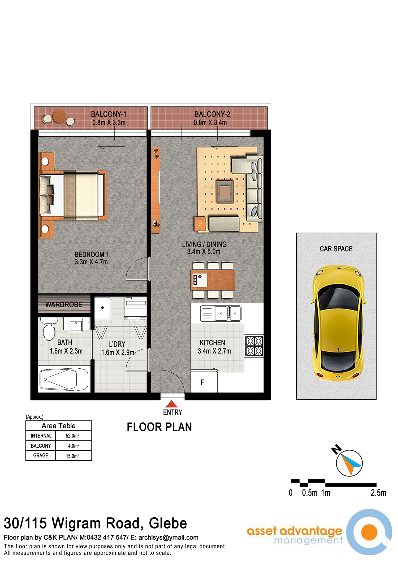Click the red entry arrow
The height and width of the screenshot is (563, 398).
172,404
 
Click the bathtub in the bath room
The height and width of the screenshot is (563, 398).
64,379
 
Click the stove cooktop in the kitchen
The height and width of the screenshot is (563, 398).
254,346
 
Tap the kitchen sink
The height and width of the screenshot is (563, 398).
228,313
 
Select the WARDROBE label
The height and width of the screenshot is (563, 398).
64,305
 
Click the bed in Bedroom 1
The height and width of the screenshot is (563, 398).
73,195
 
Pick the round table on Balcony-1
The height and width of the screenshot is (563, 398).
59,116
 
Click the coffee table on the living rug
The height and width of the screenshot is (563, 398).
225,191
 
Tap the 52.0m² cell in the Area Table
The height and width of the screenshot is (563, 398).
72,436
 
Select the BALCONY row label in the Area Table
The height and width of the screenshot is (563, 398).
41,446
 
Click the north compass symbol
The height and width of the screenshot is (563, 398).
349,463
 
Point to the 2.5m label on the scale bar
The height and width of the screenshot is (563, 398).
378,493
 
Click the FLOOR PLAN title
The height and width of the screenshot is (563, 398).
159,427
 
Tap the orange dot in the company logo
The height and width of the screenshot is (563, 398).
369,532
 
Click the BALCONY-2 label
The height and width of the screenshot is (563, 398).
212,114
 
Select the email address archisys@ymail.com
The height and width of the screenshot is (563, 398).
168,538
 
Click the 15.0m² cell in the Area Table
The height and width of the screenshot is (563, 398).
72,456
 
